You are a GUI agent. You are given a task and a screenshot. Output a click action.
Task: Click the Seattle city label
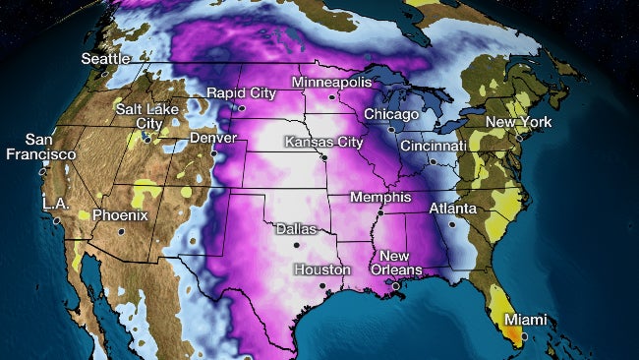(106, 58)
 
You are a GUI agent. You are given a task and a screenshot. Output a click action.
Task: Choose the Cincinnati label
(433, 146)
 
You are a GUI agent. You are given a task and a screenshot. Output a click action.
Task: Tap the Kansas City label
(318, 143)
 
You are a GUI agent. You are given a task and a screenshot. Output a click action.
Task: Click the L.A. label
(55, 203)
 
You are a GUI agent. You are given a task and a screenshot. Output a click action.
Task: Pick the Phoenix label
(120, 215)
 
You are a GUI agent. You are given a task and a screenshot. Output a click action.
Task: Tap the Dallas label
(296, 228)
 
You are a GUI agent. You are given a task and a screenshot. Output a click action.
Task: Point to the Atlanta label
(452, 210)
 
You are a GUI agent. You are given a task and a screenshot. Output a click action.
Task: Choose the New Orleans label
(401, 263)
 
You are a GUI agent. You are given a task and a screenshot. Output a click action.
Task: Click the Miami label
(525, 320)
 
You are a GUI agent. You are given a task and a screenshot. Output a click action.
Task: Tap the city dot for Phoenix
(121, 231)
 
